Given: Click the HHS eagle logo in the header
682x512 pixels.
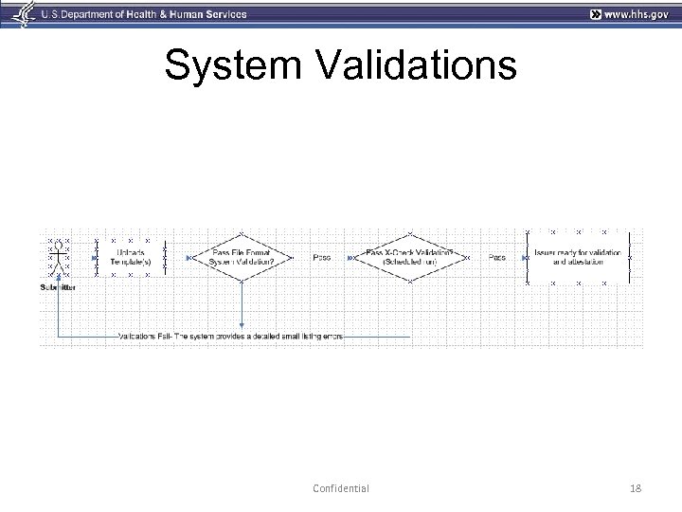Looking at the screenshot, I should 14,14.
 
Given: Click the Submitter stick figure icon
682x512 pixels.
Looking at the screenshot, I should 60,257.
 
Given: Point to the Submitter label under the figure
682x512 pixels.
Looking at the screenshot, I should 59,286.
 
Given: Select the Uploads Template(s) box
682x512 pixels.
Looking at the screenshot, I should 131,257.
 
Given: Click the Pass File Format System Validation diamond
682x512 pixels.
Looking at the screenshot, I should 242,257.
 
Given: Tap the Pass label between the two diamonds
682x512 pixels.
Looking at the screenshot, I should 323,257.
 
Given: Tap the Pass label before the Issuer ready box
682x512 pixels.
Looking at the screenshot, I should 497,257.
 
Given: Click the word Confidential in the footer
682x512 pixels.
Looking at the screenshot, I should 340,488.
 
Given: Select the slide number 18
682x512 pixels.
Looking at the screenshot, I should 635,488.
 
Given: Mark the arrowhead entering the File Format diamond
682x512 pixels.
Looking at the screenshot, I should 190,257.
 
